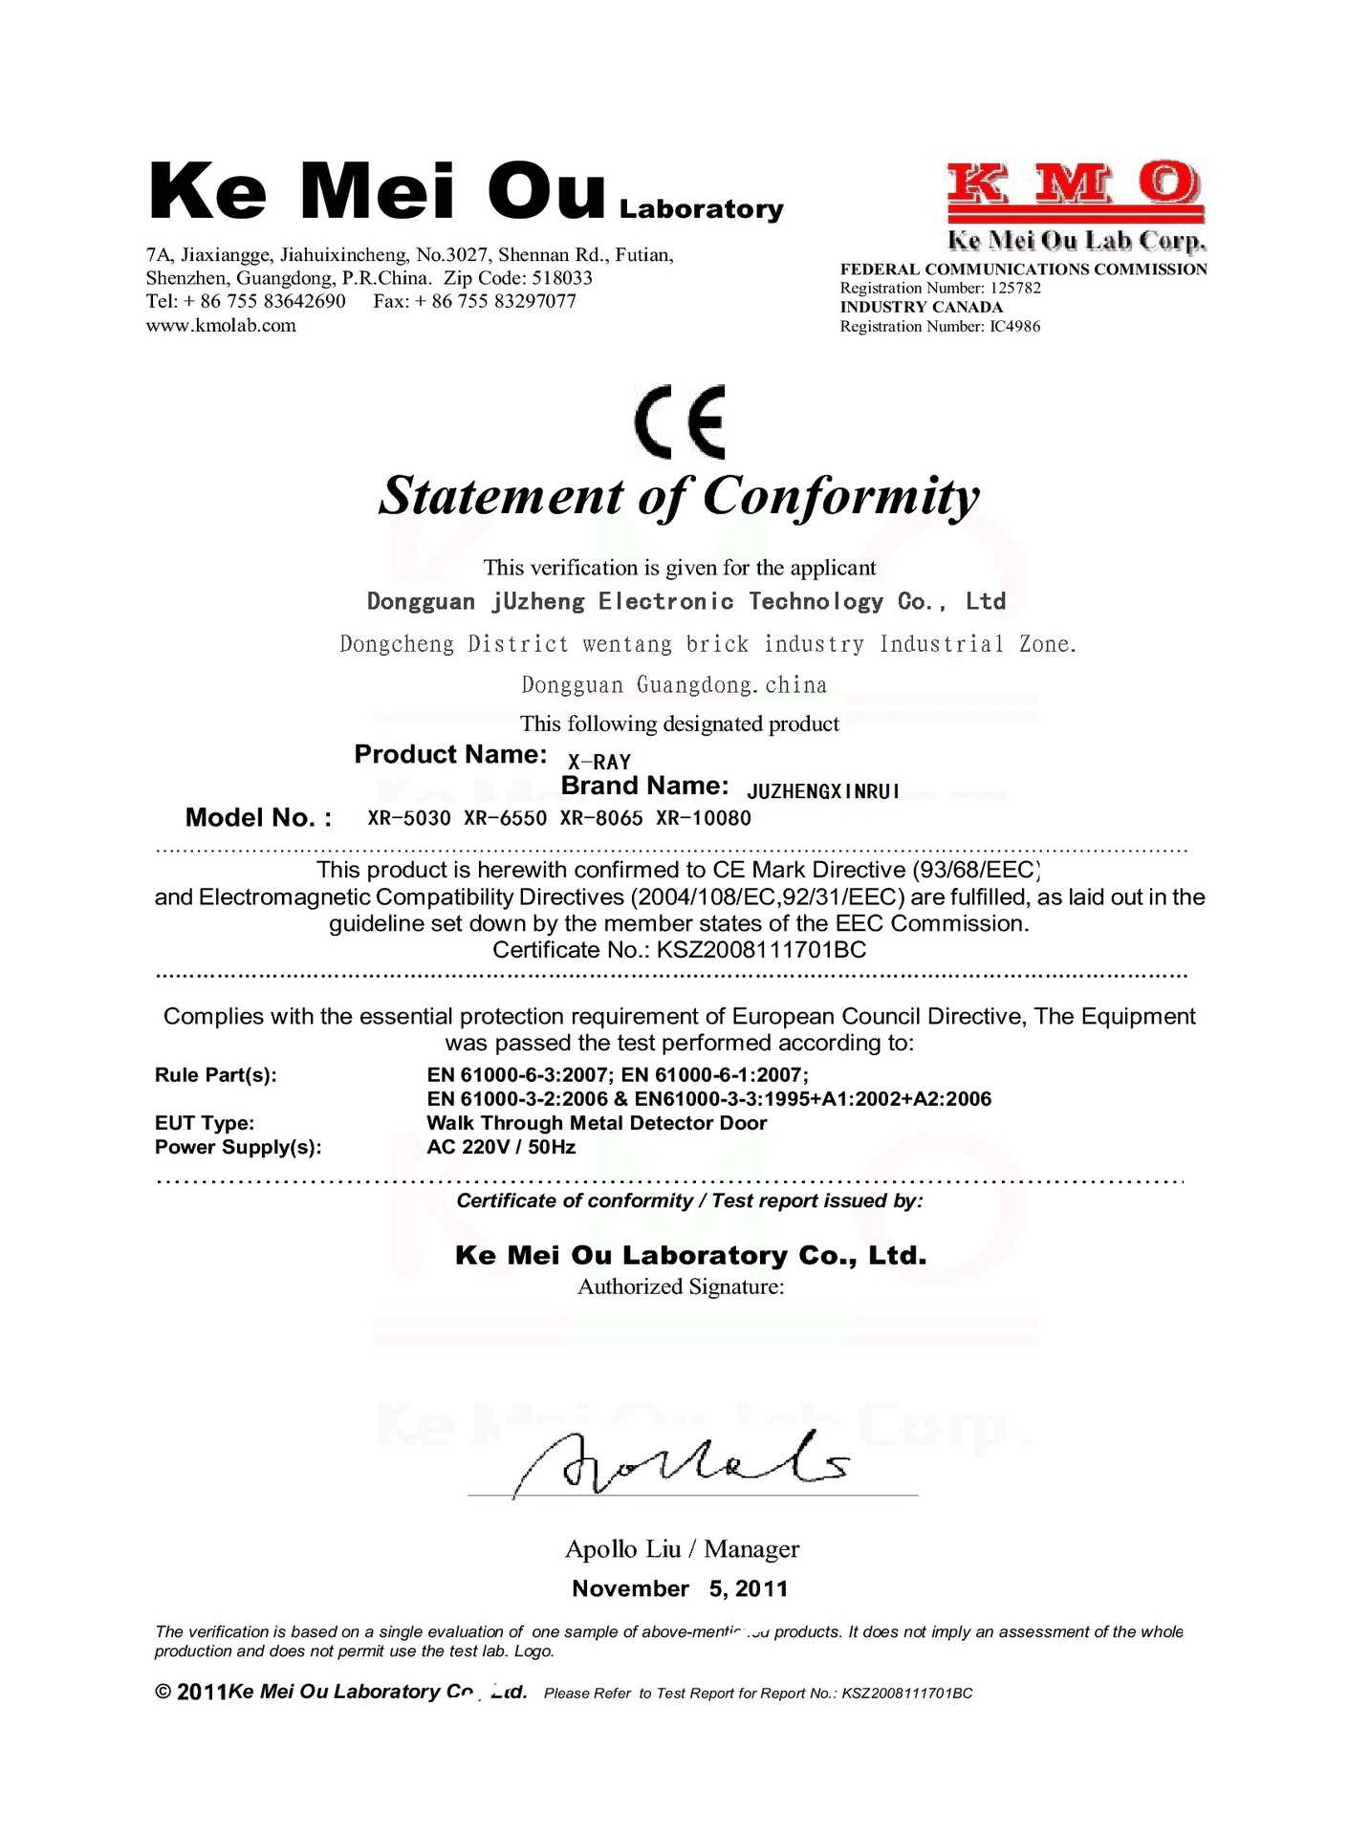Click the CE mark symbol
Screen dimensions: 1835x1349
(680, 421)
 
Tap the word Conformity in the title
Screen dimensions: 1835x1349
(841, 496)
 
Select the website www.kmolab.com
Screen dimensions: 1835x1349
(221, 325)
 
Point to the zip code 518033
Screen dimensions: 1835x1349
(562, 278)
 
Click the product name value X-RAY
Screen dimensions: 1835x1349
(599, 762)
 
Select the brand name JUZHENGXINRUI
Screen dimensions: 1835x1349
(823, 791)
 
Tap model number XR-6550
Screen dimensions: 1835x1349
(505, 818)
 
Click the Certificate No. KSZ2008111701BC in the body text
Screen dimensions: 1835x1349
(761, 950)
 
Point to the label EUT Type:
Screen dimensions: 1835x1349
(205, 1123)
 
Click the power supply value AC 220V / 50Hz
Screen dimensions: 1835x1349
(501, 1147)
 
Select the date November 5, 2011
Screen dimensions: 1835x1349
(680, 1588)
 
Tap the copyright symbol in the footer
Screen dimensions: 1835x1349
(163, 1692)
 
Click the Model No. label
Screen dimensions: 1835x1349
(258, 817)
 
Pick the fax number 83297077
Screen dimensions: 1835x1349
(534, 301)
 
